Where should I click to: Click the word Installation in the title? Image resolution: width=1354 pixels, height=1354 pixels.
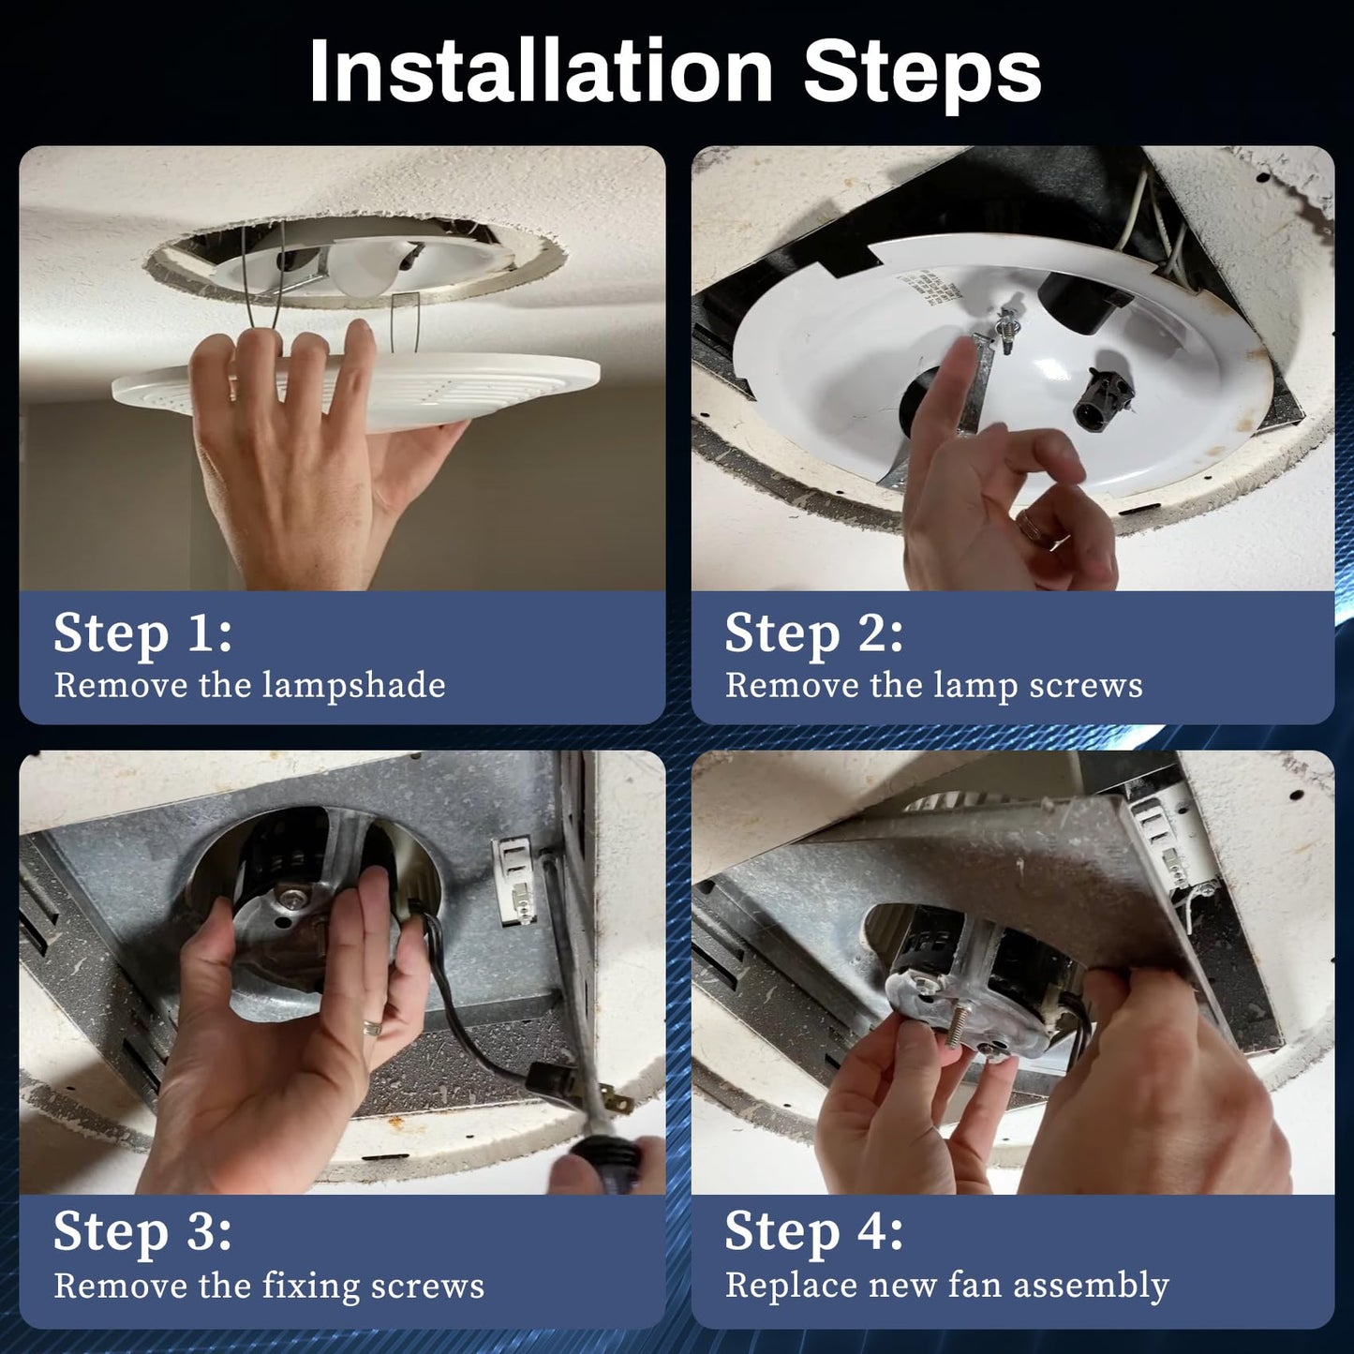coord(541,71)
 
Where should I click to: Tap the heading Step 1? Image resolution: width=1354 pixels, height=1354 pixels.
coord(142,633)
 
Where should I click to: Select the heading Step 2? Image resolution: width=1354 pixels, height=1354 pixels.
coord(813,633)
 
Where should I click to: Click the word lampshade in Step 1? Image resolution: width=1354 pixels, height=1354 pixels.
coord(353,686)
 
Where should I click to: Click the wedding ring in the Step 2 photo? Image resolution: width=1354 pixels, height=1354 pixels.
coord(1033,527)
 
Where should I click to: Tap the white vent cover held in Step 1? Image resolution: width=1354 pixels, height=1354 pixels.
coord(357,392)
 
